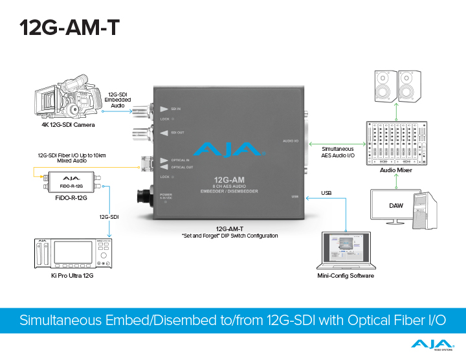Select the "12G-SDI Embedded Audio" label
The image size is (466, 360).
tap(119, 100)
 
